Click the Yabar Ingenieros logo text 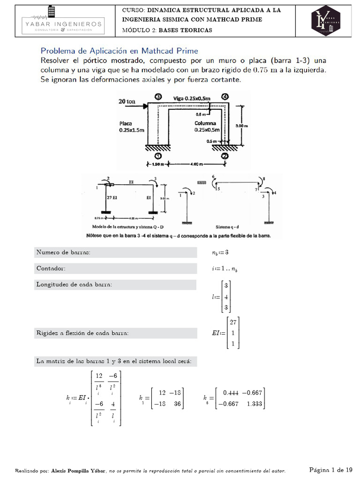[64, 23]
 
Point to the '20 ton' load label [127, 101]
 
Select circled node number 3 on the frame [158, 97]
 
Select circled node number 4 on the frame [226, 97]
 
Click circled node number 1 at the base [157, 156]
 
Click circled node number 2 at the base [225, 156]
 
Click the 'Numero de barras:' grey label [63, 252]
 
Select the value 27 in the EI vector [233, 322]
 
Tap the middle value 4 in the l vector [226, 297]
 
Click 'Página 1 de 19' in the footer [330, 470]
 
